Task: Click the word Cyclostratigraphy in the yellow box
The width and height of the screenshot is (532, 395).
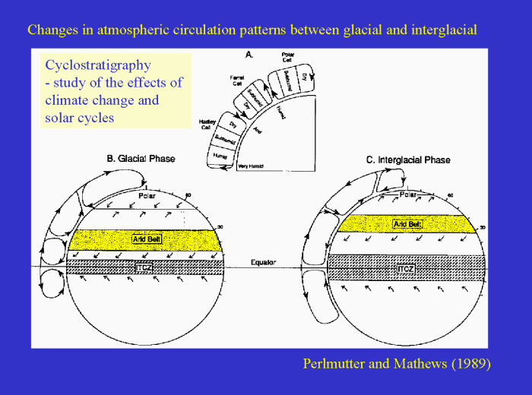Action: point(98,65)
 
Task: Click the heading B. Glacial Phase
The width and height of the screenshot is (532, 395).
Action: point(141,159)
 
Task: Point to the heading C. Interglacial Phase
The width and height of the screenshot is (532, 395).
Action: point(408,160)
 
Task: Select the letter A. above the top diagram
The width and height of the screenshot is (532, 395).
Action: point(250,54)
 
